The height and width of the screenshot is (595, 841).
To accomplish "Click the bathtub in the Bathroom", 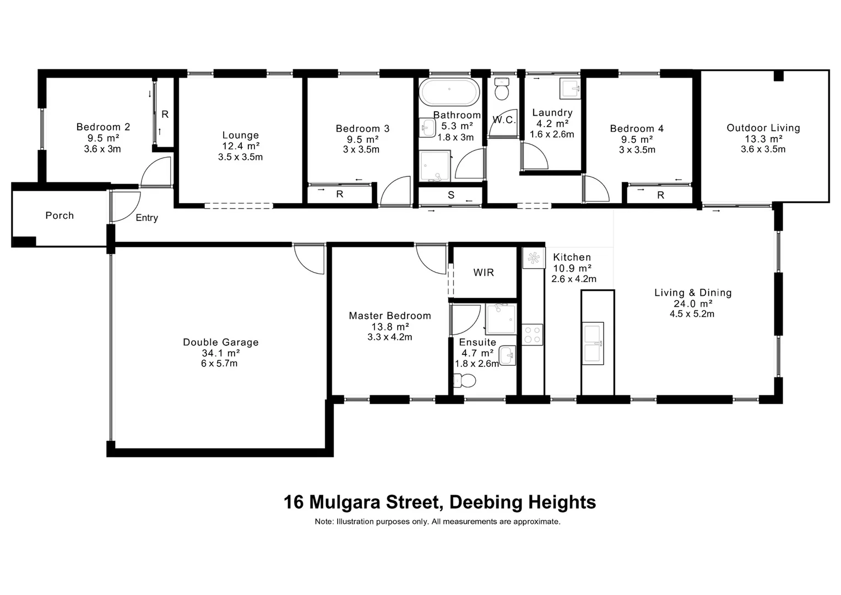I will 449,93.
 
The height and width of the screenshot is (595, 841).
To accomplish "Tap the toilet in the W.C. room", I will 501,89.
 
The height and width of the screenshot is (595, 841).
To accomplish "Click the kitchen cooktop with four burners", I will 532,334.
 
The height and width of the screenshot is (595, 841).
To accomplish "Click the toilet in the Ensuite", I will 464,380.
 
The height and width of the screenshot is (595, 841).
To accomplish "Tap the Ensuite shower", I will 501,319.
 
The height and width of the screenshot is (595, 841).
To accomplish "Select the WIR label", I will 484,273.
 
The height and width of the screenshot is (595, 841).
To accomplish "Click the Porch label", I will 59,215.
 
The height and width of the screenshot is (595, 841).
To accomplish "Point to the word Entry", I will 147,218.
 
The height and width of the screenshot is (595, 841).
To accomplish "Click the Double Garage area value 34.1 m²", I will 221,353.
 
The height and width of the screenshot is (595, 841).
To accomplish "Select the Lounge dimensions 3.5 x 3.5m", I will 240,157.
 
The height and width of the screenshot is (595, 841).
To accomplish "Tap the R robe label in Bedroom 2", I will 165,115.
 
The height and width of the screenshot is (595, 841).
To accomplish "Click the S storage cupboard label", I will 451,195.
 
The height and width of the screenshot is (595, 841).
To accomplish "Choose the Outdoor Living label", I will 763,128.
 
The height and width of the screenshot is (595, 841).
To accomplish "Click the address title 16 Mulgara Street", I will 440,502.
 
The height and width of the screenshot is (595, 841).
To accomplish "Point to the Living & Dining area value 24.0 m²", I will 692,304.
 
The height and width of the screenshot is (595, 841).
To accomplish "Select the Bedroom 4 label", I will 637,129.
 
